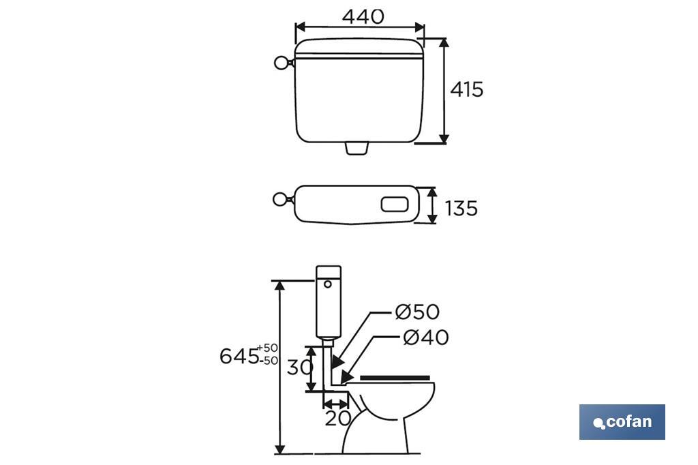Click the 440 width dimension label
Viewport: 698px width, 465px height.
[x=363, y=16]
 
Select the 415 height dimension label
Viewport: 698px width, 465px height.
[x=466, y=89]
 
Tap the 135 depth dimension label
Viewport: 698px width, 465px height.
[x=461, y=209]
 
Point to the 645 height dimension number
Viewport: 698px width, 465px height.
[x=239, y=356]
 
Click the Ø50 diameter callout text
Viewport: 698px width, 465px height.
[x=417, y=312]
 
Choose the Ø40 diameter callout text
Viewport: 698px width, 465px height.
[x=425, y=337]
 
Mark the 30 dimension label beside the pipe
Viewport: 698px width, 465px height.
[x=300, y=367]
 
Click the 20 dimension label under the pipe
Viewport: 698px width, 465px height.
[x=338, y=418]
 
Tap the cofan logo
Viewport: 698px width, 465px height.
[x=622, y=422]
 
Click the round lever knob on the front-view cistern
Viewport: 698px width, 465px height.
[x=282, y=63]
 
